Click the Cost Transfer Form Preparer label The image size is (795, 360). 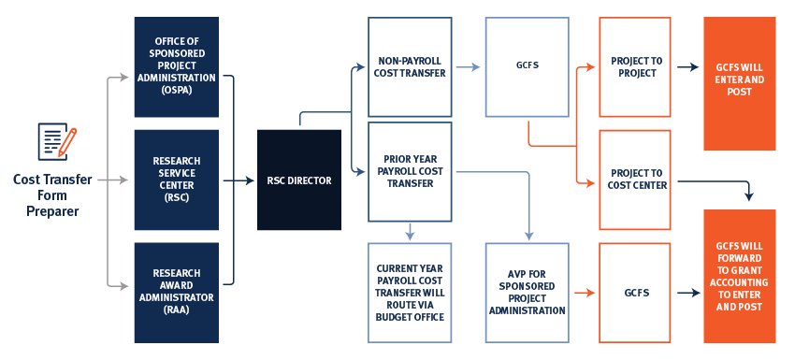(x=46, y=195)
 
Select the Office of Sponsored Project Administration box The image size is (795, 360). (x=176, y=67)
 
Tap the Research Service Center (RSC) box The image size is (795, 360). (x=176, y=180)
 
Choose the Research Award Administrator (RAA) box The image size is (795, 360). (x=176, y=292)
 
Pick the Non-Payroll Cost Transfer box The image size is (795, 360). (x=410, y=67)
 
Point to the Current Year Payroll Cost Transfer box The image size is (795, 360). (x=410, y=293)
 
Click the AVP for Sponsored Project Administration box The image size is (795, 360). (x=527, y=293)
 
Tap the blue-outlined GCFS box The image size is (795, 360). (x=527, y=67)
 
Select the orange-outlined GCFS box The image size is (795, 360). (x=635, y=293)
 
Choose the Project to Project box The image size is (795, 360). (x=635, y=67)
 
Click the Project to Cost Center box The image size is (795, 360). (x=635, y=180)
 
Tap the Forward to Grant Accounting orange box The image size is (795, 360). (x=739, y=276)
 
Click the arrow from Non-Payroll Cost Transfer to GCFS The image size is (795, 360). (x=468, y=67)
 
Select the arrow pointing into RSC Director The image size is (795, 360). (x=242, y=180)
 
